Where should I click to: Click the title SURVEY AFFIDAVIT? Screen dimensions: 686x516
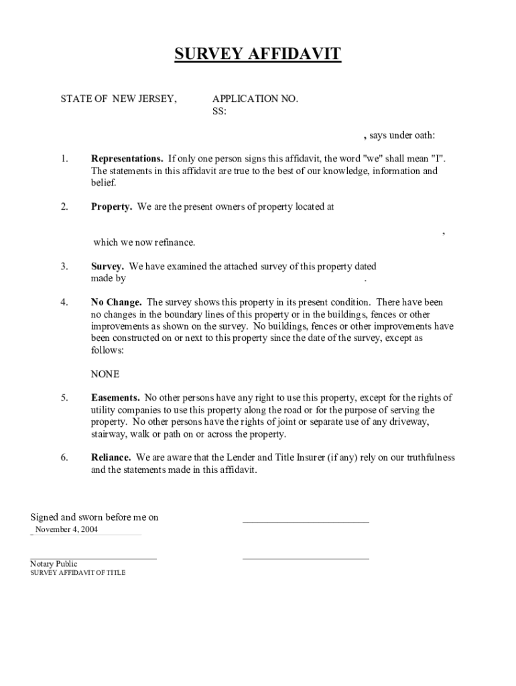tap(258, 54)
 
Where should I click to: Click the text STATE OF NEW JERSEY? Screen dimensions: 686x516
tap(119, 99)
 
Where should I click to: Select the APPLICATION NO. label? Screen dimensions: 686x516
tap(255, 99)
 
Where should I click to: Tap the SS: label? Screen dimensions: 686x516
tap(219, 111)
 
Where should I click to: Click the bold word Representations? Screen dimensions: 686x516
tap(127, 159)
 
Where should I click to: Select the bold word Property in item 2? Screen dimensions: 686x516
tap(111, 207)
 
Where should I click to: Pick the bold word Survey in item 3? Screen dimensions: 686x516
tap(107, 267)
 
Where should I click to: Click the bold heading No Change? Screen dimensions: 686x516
tap(116, 303)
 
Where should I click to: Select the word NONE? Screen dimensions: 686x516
tap(105, 374)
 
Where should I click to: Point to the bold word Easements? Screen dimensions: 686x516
tap(115, 398)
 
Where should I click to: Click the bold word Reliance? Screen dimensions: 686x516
tap(111, 458)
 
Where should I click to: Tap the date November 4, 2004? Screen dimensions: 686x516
tap(66, 529)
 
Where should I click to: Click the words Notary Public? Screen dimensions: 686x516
tap(54, 564)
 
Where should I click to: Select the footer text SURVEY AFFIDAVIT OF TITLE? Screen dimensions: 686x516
tap(78, 573)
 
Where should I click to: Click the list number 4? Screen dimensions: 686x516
tap(64, 303)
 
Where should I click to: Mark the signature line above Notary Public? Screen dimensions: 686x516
tap(93, 557)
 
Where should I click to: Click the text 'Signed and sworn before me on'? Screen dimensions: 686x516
tap(94, 517)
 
